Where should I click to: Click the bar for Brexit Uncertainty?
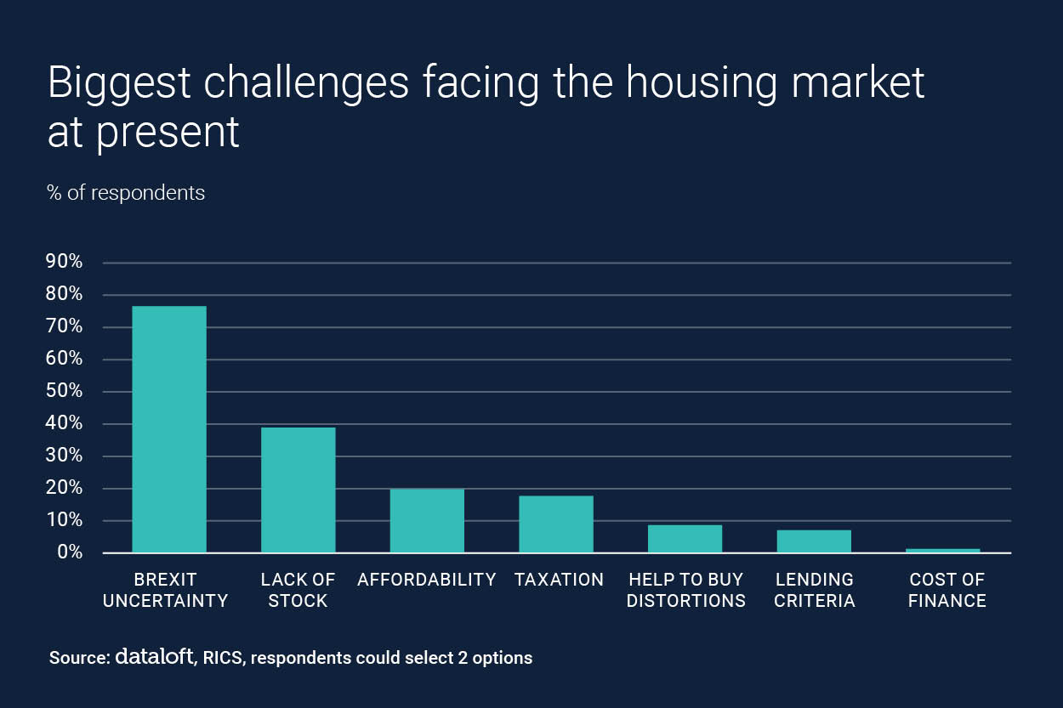169,429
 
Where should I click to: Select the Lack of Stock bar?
298,490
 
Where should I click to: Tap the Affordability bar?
427,520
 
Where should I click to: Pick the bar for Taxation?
556,524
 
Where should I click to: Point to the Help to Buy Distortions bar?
685,539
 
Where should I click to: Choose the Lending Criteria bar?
814,541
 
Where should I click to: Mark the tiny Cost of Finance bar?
942,551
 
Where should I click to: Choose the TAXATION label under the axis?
559,580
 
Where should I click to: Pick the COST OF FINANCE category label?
946,590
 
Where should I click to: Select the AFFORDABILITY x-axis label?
427,580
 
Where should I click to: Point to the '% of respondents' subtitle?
126,193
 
